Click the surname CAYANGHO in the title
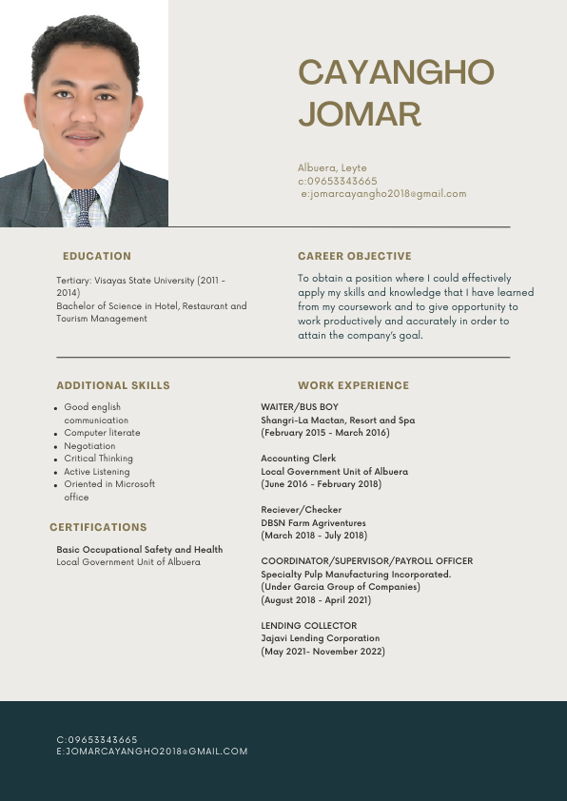point(396,72)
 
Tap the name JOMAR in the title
point(360,114)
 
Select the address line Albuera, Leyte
point(332,167)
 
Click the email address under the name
point(383,193)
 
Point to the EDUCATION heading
point(97,256)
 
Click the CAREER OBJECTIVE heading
point(354,256)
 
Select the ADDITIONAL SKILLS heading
point(113,385)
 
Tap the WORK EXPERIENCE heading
point(353,385)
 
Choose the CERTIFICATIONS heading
point(98,527)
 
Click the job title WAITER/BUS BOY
point(300,407)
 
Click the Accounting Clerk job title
point(298,459)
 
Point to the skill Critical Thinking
point(99,459)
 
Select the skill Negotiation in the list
point(89,446)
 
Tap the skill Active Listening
point(97,472)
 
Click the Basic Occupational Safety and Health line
point(139,550)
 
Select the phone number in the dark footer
point(97,739)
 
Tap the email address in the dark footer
point(152,752)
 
